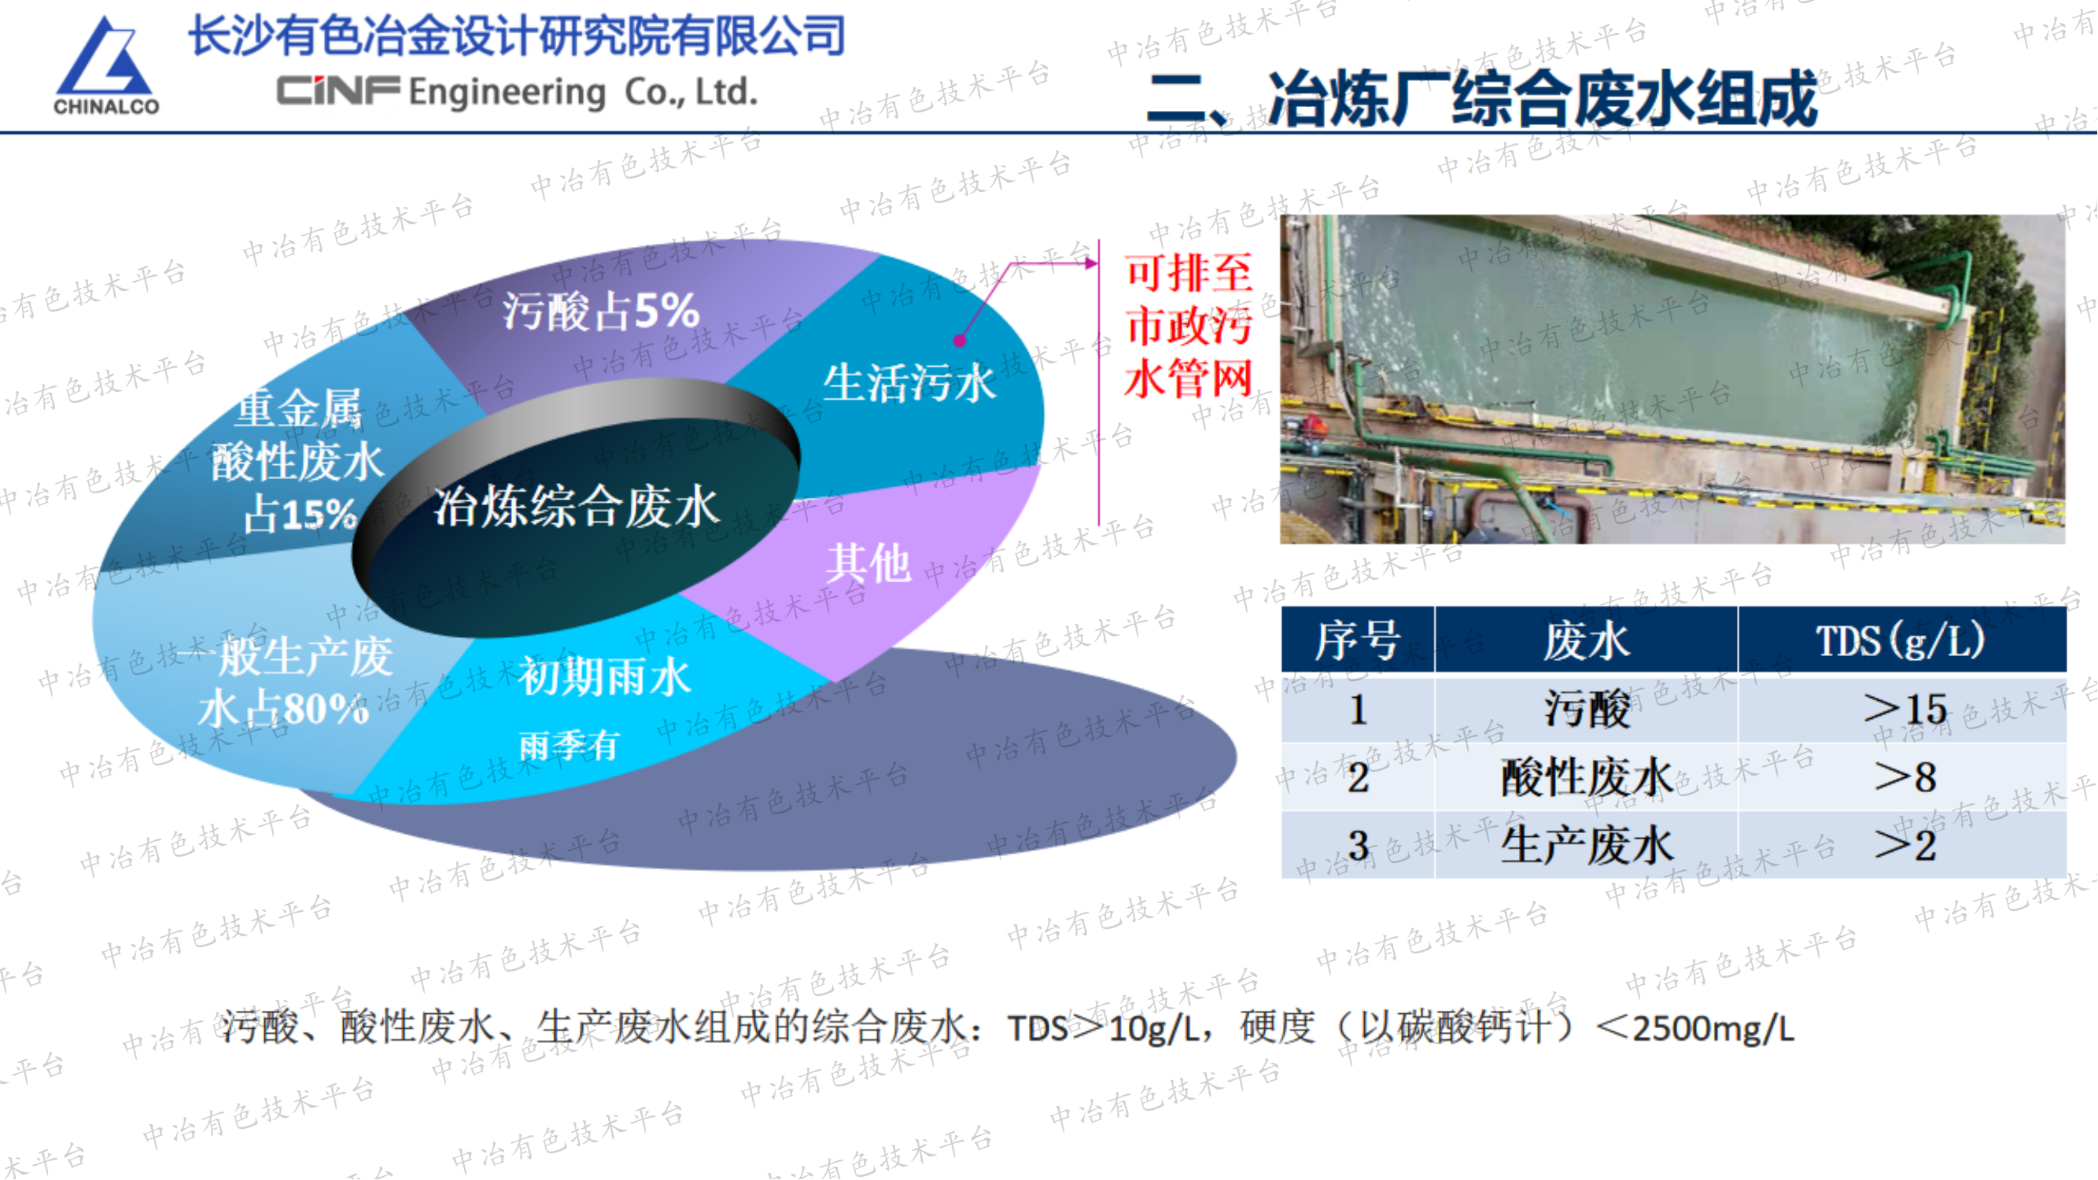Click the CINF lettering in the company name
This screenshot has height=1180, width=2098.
[338, 91]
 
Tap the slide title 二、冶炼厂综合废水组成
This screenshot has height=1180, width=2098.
[1481, 98]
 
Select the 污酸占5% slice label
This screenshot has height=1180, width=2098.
[600, 311]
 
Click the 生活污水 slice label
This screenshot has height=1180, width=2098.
[909, 383]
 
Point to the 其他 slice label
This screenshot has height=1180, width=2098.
[868, 562]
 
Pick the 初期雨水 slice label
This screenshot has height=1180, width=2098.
[604, 677]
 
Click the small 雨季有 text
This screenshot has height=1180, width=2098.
[569, 745]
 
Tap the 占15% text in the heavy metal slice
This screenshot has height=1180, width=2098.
[301, 514]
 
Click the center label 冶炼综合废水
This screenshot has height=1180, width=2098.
[576, 507]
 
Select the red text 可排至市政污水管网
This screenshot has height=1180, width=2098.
[1189, 326]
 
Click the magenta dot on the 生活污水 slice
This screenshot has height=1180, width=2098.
[960, 341]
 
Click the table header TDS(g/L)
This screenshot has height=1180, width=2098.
[1900, 641]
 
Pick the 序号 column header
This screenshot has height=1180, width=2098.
[1358, 641]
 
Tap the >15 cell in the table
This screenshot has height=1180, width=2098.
[1904, 709]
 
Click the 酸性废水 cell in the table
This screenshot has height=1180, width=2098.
[1586, 777]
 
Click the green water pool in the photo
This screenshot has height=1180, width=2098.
[1629, 342]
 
